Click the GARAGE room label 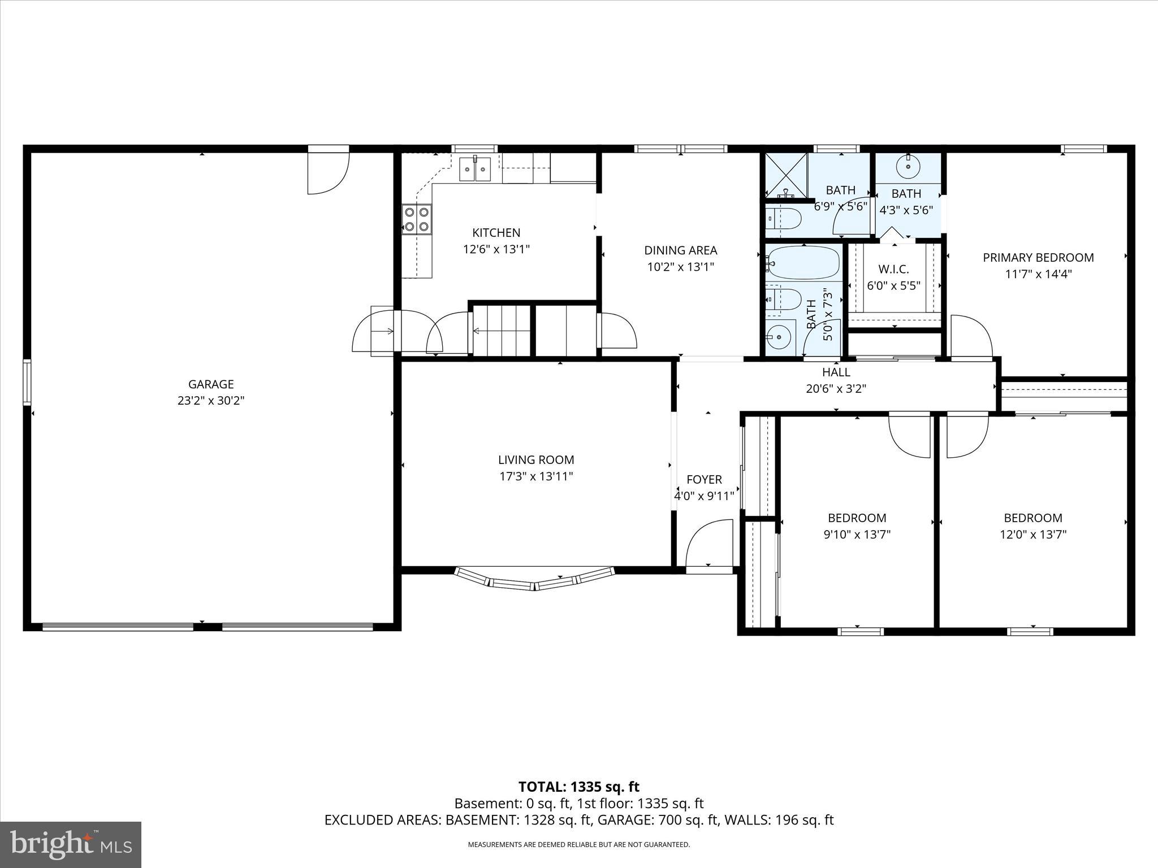pos(211,384)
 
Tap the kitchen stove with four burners pos(417,220)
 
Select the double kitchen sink pos(475,168)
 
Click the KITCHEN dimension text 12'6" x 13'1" pos(496,249)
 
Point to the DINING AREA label pos(681,250)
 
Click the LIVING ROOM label pos(536,460)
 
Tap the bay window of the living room pos(534,580)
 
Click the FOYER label pos(704,479)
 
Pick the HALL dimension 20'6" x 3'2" pos(836,389)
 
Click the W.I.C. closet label pos(893,269)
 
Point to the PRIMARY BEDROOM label pos(1038,258)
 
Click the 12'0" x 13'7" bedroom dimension pos(1033,535)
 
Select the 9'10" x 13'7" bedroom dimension pos(857,535)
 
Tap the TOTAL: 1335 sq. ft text pos(578,787)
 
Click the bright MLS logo pos(71,845)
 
